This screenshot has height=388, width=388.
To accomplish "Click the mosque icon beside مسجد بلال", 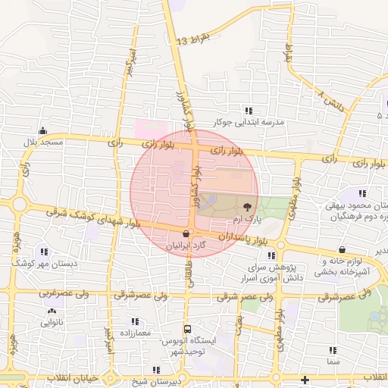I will tap(43, 130).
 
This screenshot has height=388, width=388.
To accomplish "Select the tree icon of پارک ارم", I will tap(246, 205).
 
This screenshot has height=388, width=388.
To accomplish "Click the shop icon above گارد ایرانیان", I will tap(186, 234).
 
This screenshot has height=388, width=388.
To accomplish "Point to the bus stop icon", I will tap(186, 329).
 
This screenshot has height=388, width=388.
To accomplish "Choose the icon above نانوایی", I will tap(52, 311).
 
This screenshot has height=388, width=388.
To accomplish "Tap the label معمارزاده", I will tap(133, 332).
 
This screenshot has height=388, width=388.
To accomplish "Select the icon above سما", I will tap(333, 350).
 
